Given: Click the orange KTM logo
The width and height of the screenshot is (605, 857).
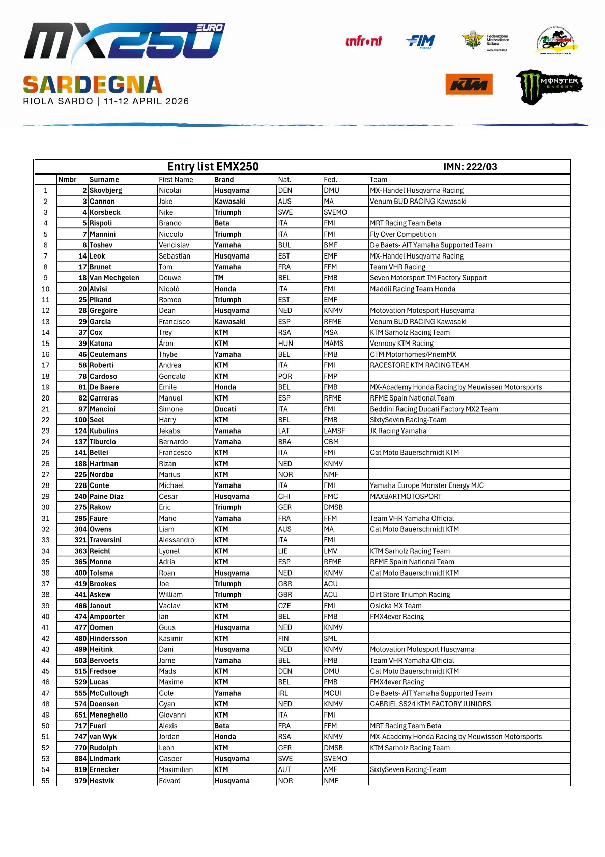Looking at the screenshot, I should (469, 84).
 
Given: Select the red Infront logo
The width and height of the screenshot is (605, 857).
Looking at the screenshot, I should (363, 41).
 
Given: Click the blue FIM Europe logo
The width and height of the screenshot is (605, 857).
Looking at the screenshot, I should (421, 41).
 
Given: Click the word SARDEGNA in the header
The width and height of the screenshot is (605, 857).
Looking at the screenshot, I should (93, 84).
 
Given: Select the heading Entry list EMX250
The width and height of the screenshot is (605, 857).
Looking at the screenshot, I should (213, 167).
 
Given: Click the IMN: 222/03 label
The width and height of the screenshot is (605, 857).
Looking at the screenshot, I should (470, 167).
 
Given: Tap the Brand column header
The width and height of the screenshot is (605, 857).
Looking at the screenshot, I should (224, 180).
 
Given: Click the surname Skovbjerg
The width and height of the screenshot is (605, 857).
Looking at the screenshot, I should (105, 190).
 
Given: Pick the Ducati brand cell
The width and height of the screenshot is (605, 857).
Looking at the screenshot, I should (225, 409).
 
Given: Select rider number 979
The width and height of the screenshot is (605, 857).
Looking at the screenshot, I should (80, 781).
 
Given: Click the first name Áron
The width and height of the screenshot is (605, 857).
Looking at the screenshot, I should (166, 344).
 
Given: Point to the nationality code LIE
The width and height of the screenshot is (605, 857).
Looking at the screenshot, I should (283, 551).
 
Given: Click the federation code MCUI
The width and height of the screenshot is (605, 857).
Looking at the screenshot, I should (332, 693).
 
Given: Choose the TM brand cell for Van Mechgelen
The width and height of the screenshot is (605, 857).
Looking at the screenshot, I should (219, 278).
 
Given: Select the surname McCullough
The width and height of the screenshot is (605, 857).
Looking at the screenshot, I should (109, 693).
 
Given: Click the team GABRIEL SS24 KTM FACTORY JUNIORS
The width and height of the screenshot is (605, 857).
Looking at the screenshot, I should (430, 704).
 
